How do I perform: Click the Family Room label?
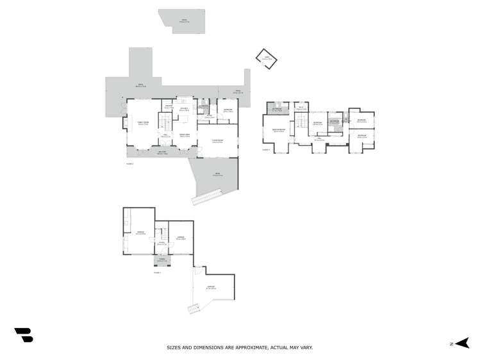(x=143, y=123)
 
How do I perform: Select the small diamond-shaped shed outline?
(x=265, y=60)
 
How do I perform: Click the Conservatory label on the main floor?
(x=217, y=142)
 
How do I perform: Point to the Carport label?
(x=211, y=288)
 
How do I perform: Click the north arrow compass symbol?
(x=463, y=344)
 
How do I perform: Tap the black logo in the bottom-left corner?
(x=24, y=334)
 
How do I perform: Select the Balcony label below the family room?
(x=162, y=153)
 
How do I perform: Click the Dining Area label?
(x=185, y=135)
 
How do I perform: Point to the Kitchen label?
(x=183, y=109)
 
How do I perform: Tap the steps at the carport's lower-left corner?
(x=193, y=309)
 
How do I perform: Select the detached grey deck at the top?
(x=183, y=20)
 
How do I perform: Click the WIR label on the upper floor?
(x=300, y=107)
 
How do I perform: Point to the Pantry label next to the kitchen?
(x=168, y=107)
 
